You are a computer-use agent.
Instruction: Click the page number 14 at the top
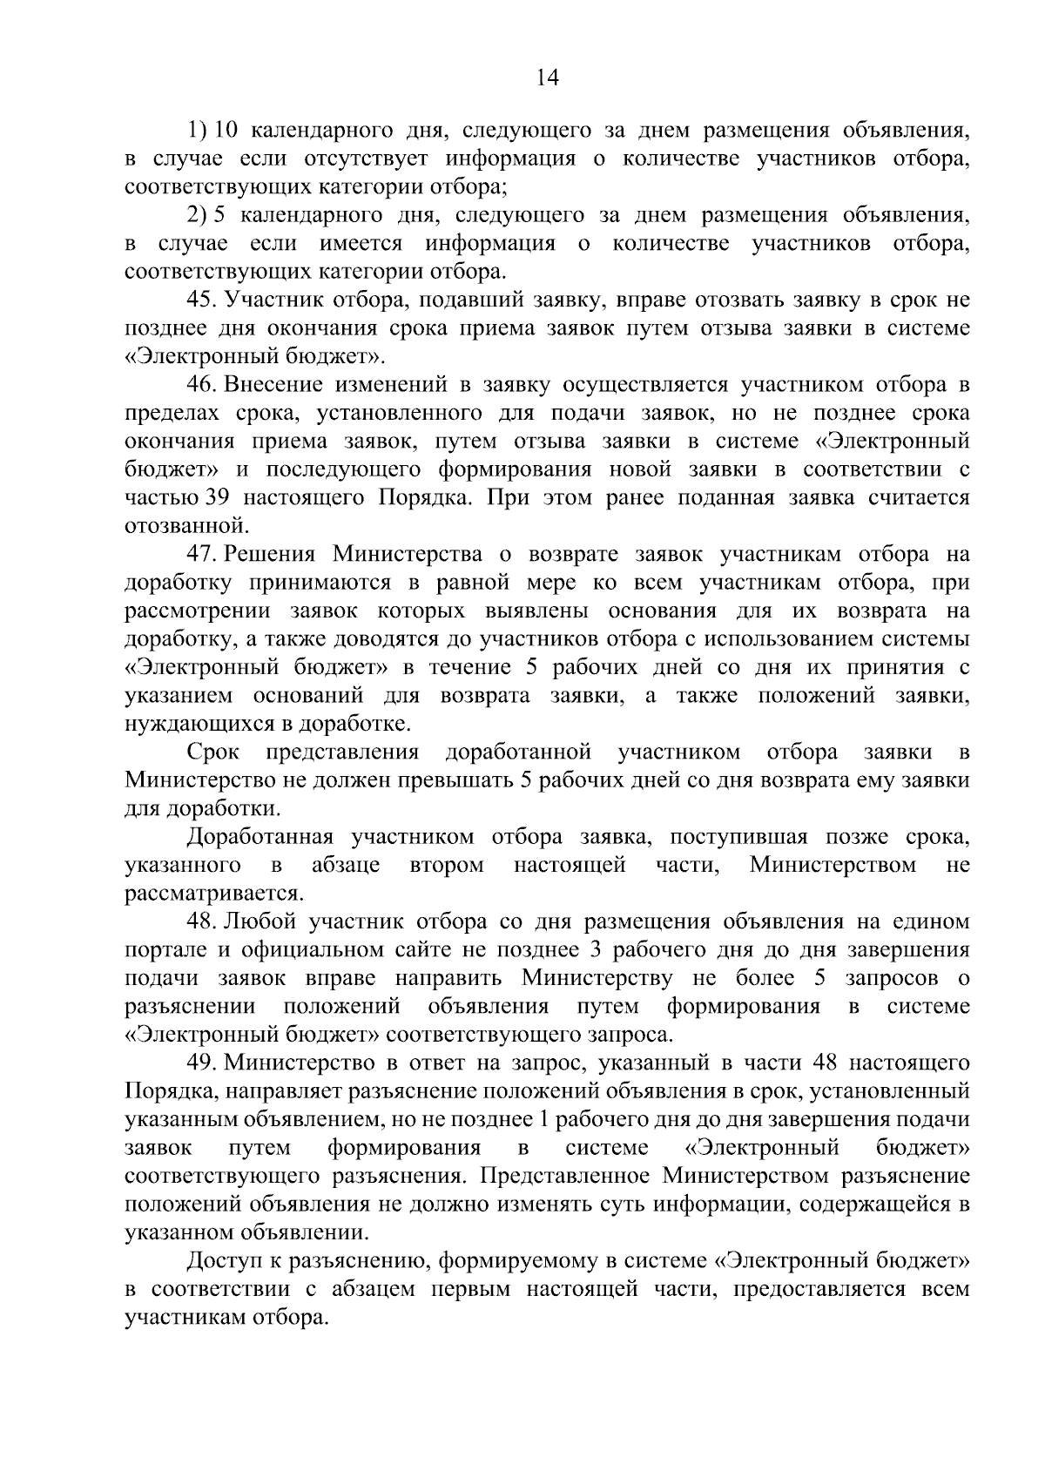pyautogui.click(x=547, y=78)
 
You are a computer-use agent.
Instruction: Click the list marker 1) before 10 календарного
pyautogui.click(x=196, y=131)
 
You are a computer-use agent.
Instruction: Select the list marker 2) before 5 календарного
pyautogui.click(x=196, y=215)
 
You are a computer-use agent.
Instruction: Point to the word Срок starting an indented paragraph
pyautogui.click(x=212, y=752)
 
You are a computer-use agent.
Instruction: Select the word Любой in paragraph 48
pyautogui.click(x=255, y=921)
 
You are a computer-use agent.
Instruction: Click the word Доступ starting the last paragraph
pyautogui.click(x=224, y=1260)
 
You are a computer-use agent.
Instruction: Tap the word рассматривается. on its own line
pyautogui.click(x=214, y=894)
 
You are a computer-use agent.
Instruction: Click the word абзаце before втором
pyautogui.click(x=346, y=866)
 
